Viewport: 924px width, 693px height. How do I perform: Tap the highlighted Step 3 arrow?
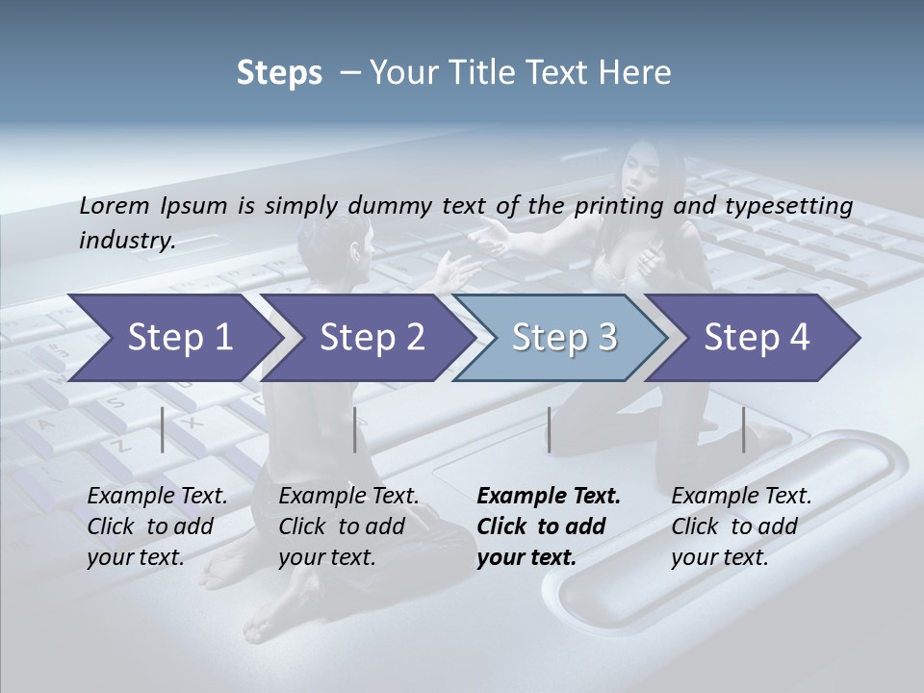point(564,337)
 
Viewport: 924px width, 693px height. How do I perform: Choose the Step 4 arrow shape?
point(757,337)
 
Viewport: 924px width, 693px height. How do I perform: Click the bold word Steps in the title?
point(279,73)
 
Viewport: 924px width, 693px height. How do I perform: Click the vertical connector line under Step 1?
point(163,429)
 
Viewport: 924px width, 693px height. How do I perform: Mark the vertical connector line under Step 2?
point(355,429)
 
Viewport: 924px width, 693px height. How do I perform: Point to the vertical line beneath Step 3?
point(549,429)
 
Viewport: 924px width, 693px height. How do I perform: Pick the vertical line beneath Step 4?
point(743,429)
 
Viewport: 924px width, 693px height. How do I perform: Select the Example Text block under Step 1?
point(157,526)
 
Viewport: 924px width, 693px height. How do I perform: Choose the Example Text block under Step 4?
point(741,526)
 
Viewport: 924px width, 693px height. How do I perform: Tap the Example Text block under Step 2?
point(348,526)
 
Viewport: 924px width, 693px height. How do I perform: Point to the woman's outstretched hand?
point(492,232)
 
